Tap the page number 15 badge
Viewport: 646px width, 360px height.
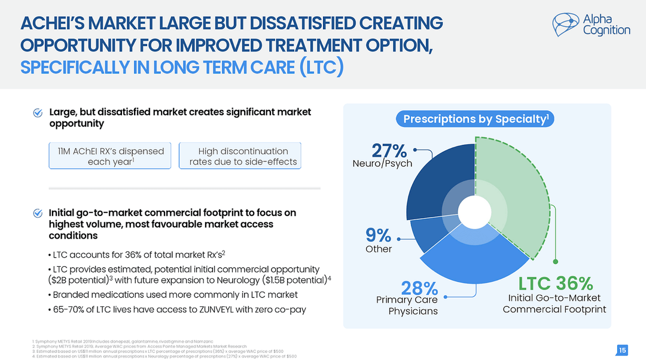click(622, 350)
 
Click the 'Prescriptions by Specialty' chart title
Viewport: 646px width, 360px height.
click(475, 119)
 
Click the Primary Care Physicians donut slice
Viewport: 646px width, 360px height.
click(473, 257)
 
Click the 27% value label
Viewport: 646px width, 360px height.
click(389, 151)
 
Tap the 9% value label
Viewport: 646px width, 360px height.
click(379, 236)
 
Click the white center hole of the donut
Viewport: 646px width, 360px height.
click(475, 212)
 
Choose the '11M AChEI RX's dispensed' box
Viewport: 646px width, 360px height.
click(106, 156)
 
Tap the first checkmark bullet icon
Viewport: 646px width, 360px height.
click(38, 112)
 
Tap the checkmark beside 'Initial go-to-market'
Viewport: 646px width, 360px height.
click(38, 213)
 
